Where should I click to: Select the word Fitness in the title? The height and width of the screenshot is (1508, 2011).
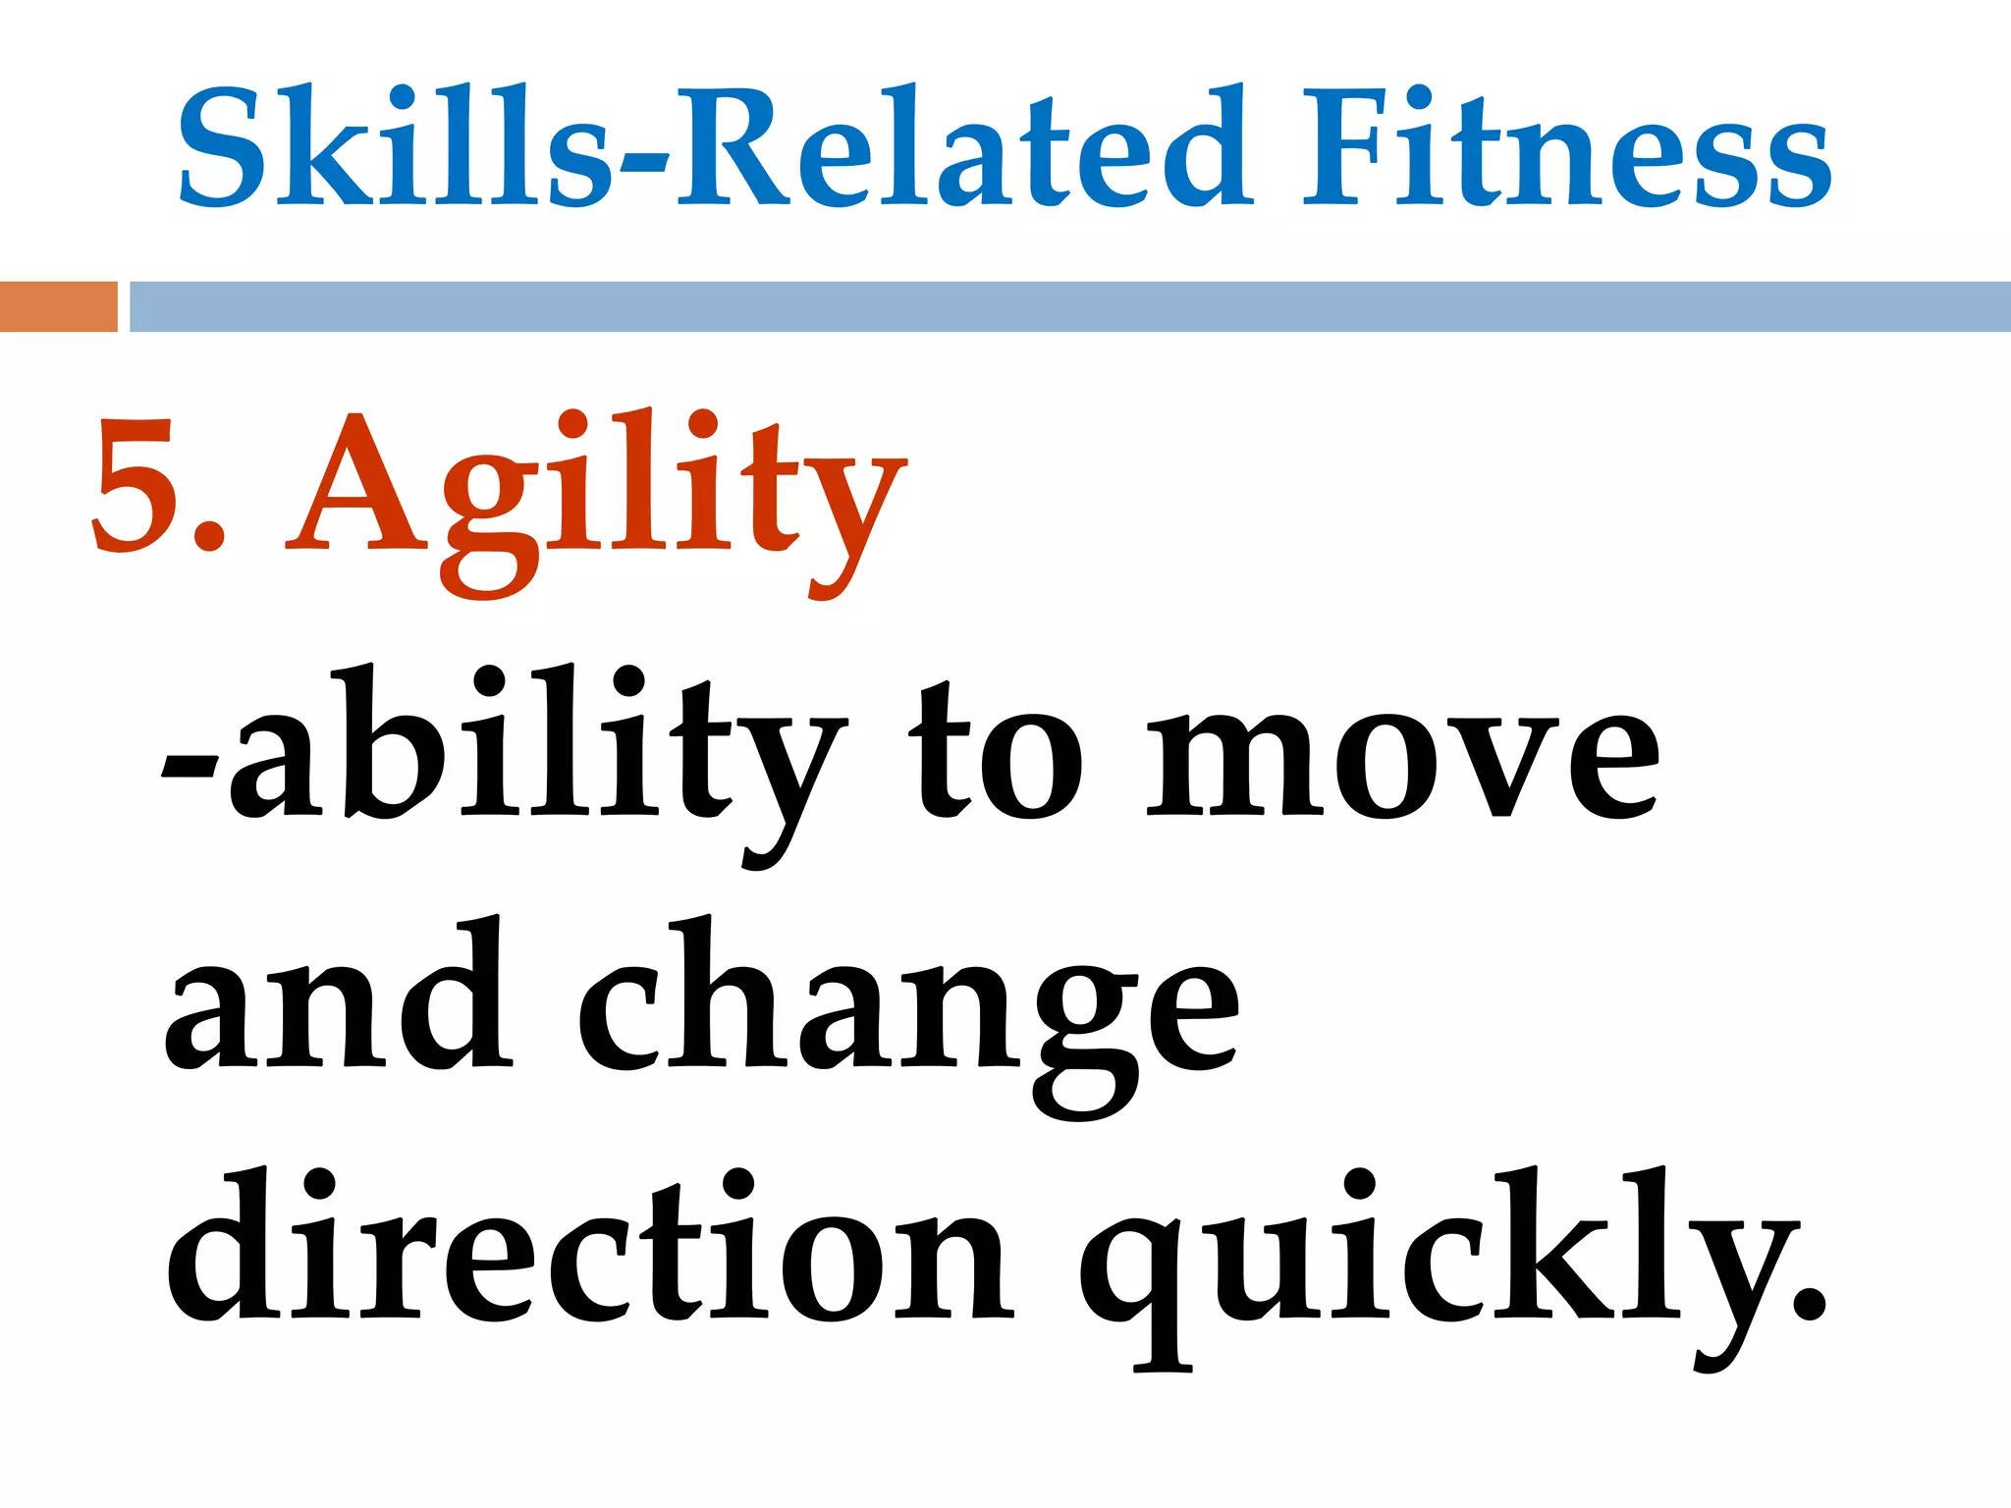point(1566,147)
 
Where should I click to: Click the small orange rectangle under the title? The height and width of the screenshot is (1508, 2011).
point(58,306)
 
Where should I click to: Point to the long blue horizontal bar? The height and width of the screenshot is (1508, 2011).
point(1070,306)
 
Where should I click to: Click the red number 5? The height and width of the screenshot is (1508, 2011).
point(133,486)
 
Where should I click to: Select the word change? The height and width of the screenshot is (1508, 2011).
point(908,1011)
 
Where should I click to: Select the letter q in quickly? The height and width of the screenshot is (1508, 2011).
point(1139,1276)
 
